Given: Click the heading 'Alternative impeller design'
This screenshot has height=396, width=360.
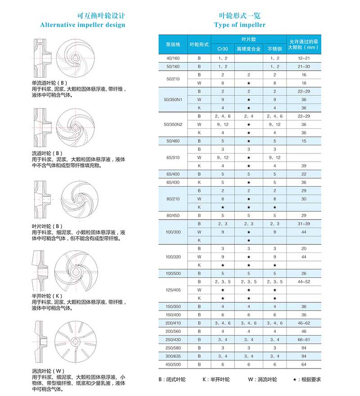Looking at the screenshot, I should (x=82, y=25).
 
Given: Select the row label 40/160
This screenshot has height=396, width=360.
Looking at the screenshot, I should (x=173, y=58).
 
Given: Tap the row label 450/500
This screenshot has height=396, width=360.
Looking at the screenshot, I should (x=173, y=364).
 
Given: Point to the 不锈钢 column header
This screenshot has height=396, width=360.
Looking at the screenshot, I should (x=274, y=49).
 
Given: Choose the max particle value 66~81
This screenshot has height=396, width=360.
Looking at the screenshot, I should (x=304, y=339).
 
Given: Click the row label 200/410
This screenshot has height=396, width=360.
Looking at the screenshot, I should (x=173, y=323).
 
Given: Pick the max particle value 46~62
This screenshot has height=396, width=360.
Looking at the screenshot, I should (x=304, y=323).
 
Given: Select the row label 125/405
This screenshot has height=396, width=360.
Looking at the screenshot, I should (x=173, y=290).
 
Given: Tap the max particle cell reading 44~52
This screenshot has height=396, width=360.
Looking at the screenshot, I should (x=304, y=282).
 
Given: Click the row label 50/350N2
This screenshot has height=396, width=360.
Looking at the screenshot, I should (x=173, y=124).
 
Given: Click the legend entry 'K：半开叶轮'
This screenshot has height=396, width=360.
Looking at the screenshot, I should (x=216, y=379).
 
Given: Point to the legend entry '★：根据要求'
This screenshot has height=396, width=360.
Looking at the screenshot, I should (x=307, y=379).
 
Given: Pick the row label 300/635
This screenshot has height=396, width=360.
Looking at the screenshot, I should (x=173, y=356).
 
